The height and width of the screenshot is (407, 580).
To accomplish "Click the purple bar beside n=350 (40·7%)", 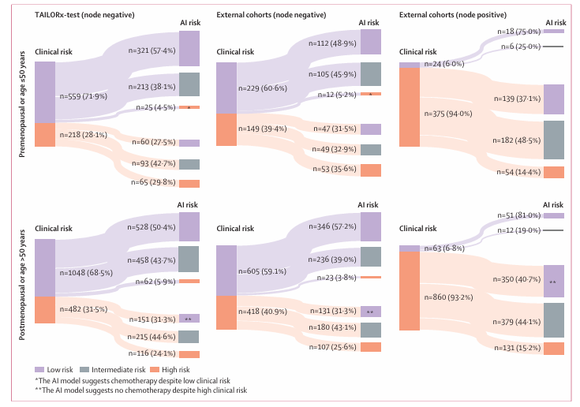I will pyautogui.click(x=554, y=282).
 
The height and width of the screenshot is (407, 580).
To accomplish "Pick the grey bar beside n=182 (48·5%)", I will pyautogui.click(x=554, y=140).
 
